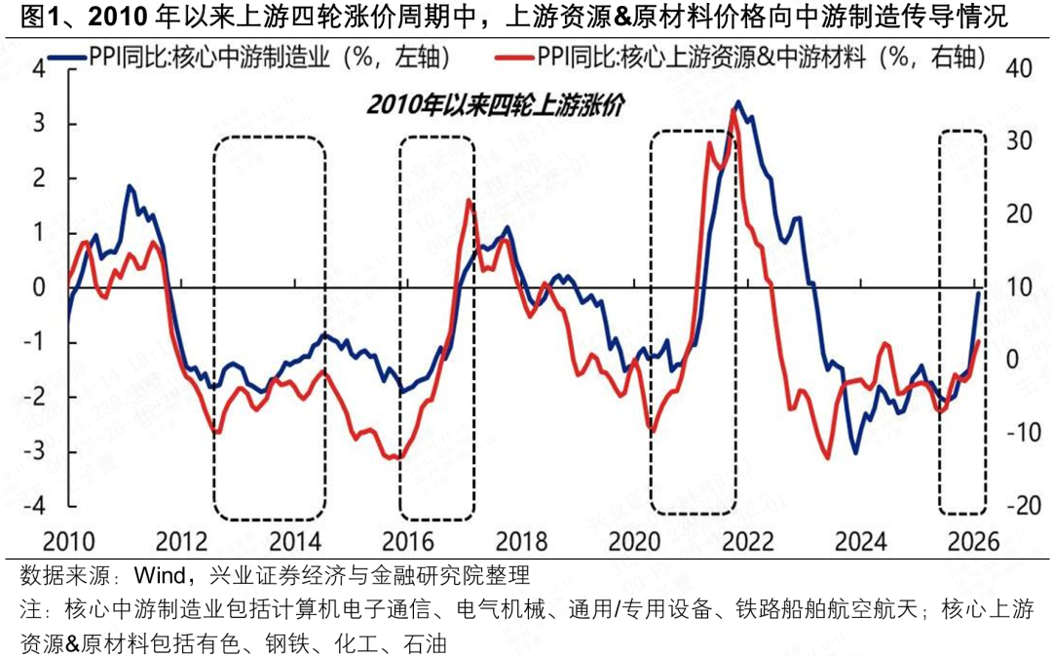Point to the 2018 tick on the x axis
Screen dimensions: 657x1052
coord(515,541)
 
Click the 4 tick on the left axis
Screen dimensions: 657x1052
coord(39,69)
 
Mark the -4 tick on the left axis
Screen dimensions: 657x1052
coord(35,506)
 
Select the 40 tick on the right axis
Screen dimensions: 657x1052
coord(1018,69)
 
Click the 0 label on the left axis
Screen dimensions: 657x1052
coord(39,288)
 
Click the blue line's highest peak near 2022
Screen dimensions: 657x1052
coord(738,102)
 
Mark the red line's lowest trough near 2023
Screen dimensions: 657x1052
coord(827,457)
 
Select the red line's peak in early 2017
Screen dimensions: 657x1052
coord(470,201)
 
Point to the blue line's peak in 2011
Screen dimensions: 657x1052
coord(129,185)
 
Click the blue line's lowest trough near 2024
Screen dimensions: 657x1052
coord(855,452)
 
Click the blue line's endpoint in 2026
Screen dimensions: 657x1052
coord(979,291)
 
